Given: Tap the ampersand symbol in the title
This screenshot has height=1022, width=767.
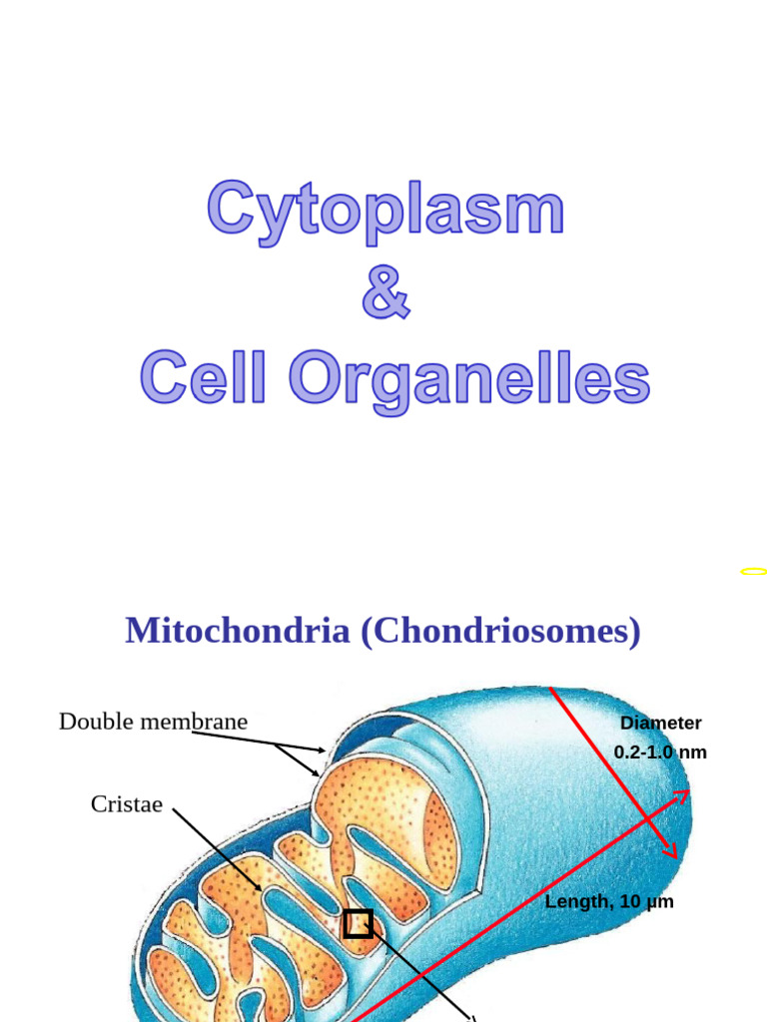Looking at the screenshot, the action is [385, 292].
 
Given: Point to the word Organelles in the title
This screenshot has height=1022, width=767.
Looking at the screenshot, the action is [469, 379].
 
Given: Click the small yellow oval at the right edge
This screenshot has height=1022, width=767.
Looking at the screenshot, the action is [754, 572].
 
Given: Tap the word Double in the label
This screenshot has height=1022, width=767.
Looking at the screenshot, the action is [96, 722].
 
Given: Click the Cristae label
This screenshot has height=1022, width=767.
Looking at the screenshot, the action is [126, 804].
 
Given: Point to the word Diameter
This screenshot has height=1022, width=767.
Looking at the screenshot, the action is [660, 723].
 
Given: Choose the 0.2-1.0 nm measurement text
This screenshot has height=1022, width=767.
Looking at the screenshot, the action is [660, 752].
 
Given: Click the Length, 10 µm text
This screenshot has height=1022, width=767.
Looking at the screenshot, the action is [609, 901].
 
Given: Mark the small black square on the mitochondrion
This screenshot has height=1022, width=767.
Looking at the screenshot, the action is [358, 924].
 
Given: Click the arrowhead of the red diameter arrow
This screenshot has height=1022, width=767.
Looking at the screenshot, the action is [671, 851].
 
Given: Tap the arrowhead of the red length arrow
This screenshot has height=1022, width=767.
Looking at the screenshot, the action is [682, 795].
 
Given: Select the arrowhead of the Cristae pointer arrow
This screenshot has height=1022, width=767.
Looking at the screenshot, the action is [259, 887].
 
